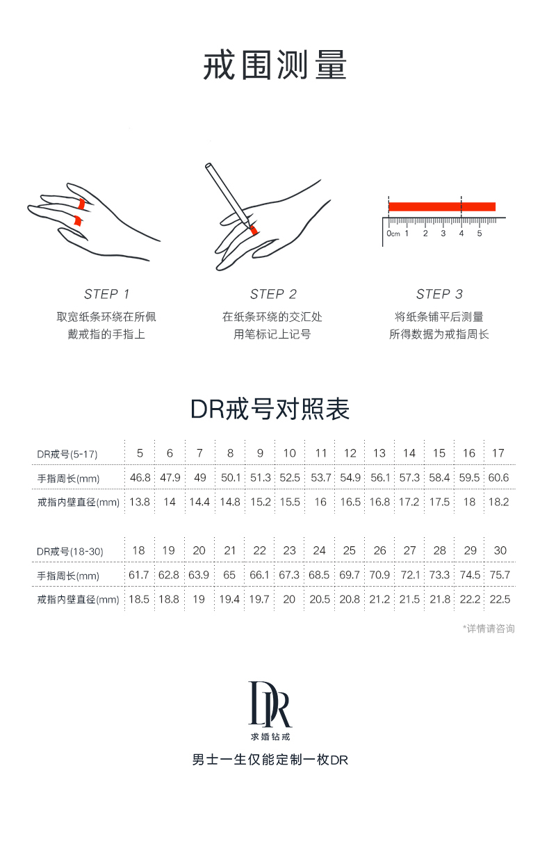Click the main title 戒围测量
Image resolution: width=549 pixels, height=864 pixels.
pyautogui.click(x=274, y=65)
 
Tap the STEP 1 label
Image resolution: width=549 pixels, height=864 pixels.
pyautogui.click(x=106, y=294)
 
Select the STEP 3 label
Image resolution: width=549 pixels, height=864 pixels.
pyautogui.click(x=439, y=294)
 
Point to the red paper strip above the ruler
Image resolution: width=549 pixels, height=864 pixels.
pyautogui.click(x=442, y=206)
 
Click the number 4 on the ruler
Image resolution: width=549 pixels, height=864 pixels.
pyautogui.click(x=461, y=234)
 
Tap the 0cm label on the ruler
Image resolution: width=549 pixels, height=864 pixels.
pyautogui.click(x=393, y=234)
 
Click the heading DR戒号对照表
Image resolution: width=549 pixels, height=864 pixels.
pyautogui.click(x=270, y=409)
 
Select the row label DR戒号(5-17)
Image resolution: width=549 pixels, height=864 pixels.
pyautogui.click(x=67, y=454)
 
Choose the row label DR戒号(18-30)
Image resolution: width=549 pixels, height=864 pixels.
pyautogui.click(x=69, y=552)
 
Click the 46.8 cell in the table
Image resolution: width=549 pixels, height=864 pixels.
pyautogui.click(x=140, y=478)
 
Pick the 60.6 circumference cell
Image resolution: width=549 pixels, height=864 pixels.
pyautogui.click(x=498, y=478)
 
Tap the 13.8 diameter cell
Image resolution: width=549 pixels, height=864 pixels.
pyautogui.click(x=140, y=502)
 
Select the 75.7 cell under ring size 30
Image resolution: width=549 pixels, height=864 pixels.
pyautogui.click(x=500, y=575)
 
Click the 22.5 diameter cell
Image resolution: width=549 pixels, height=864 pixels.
pyautogui.click(x=500, y=599)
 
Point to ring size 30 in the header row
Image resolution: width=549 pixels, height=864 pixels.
pyautogui.click(x=500, y=551)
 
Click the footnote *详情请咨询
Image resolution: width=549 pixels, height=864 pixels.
pyautogui.click(x=489, y=629)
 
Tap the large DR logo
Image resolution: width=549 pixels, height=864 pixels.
pyautogui.click(x=270, y=704)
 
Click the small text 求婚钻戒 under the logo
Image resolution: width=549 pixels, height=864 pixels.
pyautogui.click(x=270, y=737)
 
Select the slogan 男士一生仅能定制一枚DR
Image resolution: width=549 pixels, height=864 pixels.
pyautogui.click(x=270, y=760)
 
